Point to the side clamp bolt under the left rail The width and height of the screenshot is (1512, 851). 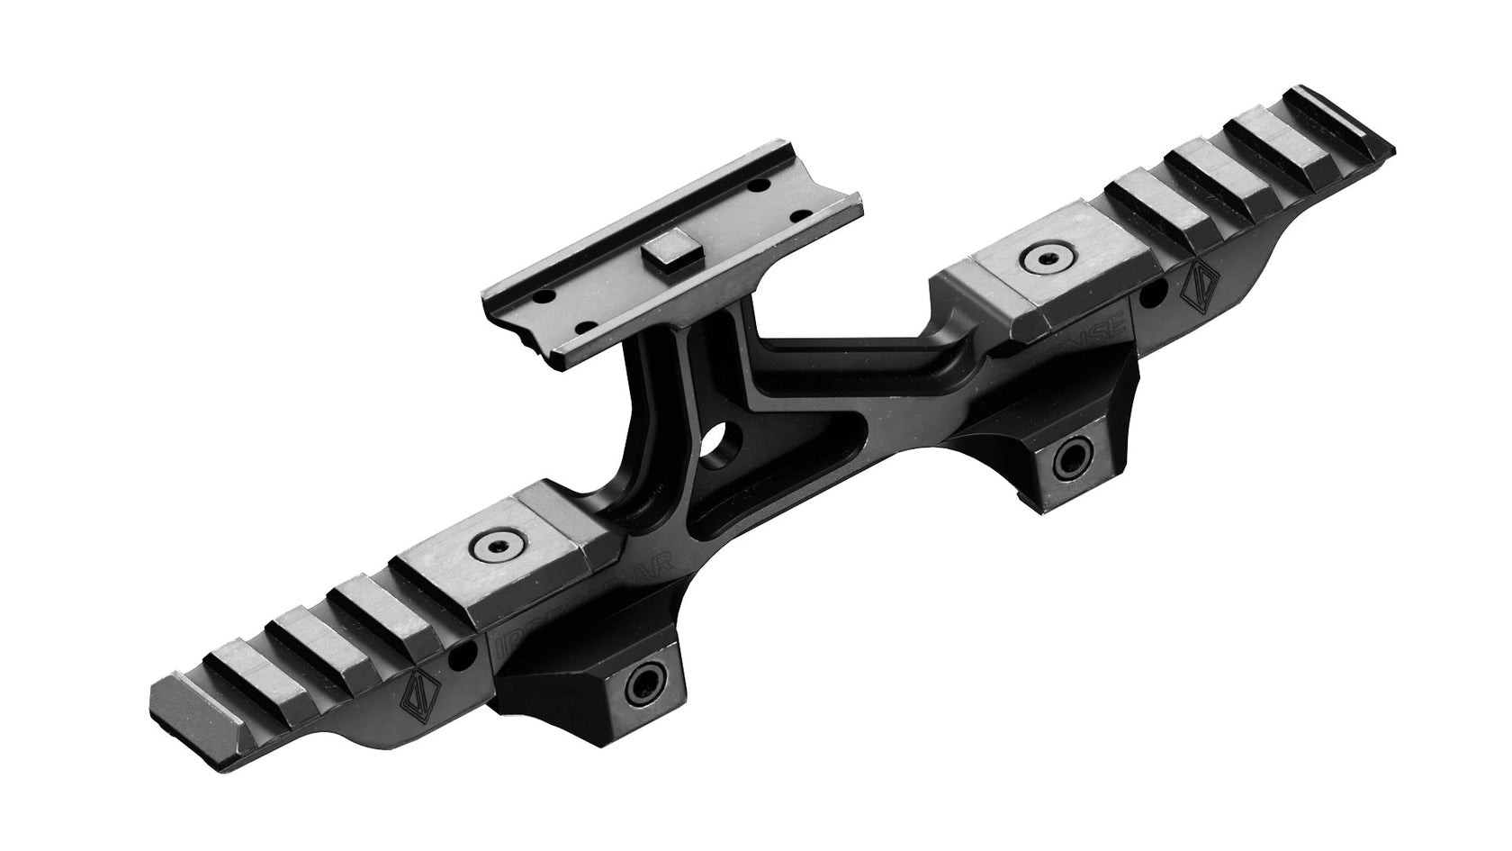coord(644,682)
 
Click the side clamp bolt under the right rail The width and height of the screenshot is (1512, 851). coord(1072,460)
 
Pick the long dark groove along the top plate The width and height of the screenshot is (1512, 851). coord(666,207)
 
